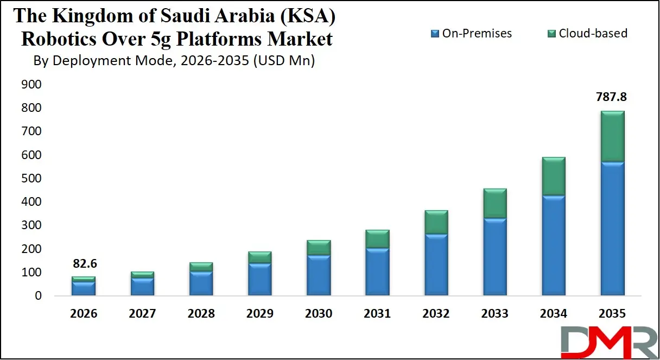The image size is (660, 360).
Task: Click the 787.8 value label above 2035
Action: (x=612, y=97)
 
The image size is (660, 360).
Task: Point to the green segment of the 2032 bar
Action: (x=436, y=222)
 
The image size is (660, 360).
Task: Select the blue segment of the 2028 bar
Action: (x=201, y=283)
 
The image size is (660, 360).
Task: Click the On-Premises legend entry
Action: (x=471, y=34)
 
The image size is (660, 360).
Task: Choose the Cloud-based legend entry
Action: (x=586, y=34)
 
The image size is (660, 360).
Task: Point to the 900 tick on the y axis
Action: (x=31, y=85)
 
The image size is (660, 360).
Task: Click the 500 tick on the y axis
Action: (x=31, y=179)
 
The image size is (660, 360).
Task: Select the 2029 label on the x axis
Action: (x=259, y=314)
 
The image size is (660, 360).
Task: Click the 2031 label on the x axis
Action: (x=377, y=314)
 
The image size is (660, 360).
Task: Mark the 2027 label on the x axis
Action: (x=142, y=314)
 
